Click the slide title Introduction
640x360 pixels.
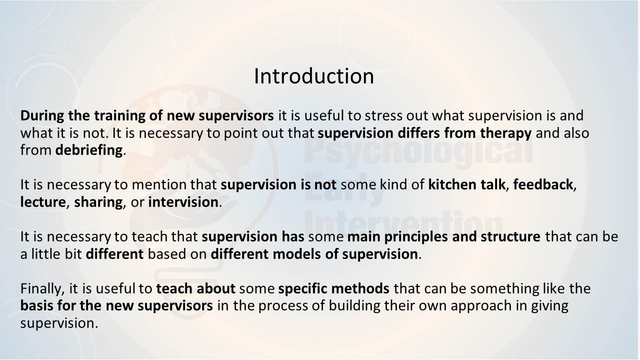click(x=313, y=76)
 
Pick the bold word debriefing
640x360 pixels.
click(x=89, y=150)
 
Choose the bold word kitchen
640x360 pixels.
click(x=452, y=184)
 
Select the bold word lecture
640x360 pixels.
click(x=43, y=202)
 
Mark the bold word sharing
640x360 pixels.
click(x=98, y=202)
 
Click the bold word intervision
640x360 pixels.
click(x=183, y=202)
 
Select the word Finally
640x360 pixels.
click(x=42, y=289)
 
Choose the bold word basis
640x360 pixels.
click(x=37, y=305)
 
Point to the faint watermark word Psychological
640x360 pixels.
click(x=418, y=154)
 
